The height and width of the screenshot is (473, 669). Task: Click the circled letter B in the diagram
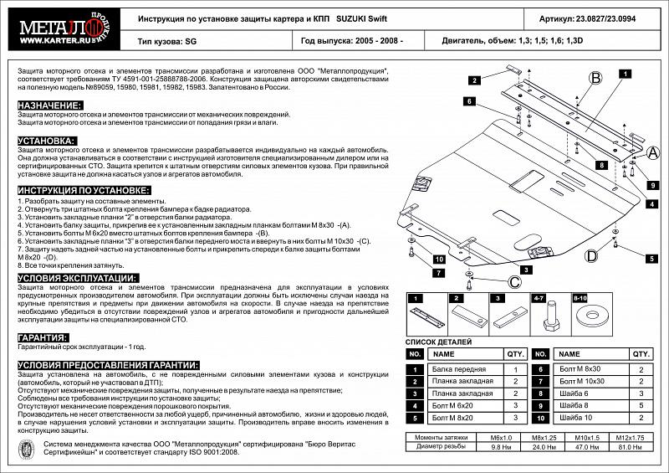(595, 79)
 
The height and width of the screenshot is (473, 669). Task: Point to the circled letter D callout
(590, 255)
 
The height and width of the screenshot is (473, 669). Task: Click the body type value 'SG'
(190, 39)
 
